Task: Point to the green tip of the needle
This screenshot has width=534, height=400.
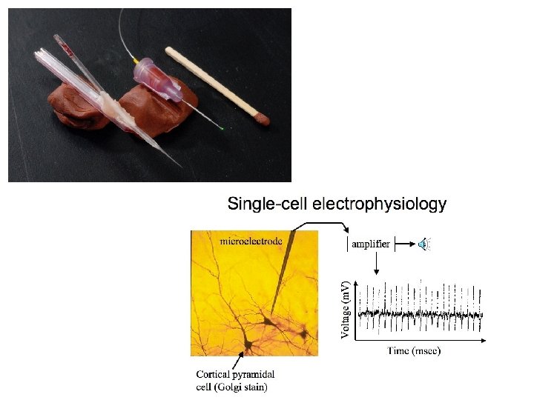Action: pos(222,129)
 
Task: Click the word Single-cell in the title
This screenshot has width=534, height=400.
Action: pos(266,203)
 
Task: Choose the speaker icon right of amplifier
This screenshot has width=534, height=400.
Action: pos(423,244)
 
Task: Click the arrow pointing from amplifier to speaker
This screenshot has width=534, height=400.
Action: pos(405,244)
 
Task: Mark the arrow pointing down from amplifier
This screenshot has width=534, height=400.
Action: pos(377,263)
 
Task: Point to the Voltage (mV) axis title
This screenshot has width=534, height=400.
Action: pos(346,310)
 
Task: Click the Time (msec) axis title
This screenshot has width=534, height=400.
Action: pos(414,350)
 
